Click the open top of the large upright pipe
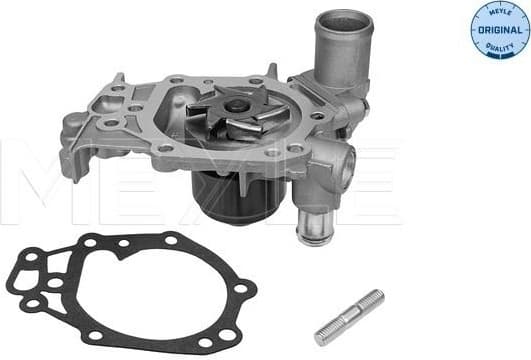click(342, 20)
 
